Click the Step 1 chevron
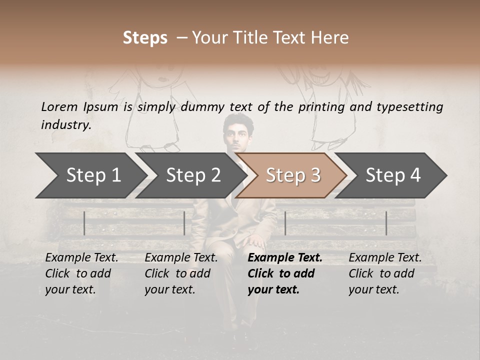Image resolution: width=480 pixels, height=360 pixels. (90, 175)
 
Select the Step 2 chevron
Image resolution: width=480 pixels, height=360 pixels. (192, 175)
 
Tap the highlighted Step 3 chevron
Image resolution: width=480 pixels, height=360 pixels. (292, 175)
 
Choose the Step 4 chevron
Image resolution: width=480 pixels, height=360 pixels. (393, 175)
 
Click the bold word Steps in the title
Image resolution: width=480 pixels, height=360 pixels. (145, 37)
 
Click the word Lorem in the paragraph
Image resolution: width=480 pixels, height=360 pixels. (59, 106)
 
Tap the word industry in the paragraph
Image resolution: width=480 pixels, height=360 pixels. (65, 125)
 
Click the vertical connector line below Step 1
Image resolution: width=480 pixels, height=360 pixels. (84, 223)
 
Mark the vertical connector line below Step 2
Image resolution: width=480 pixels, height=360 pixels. (184, 223)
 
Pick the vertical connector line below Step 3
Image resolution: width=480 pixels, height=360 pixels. (285, 223)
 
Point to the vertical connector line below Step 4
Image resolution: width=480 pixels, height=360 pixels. (386, 223)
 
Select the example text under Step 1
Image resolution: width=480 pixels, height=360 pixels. (81, 273)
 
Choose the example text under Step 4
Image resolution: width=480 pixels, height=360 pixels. (384, 273)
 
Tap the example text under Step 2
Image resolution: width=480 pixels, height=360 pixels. (180, 273)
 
